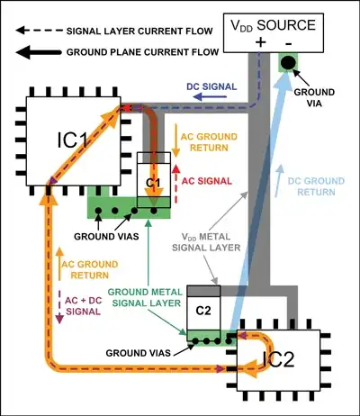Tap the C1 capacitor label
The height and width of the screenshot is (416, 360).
click(x=154, y=184)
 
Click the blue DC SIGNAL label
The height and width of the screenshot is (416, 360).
click(x=209, y=86)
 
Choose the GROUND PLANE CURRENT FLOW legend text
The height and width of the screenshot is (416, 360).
click(x=128, y=51)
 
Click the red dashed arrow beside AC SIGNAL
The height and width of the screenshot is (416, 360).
click(x=176, y=179)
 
